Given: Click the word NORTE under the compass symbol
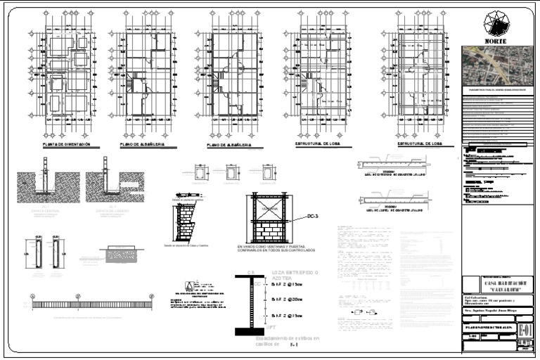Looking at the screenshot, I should tap(499, 41).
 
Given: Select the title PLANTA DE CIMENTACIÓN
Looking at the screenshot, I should tap(66, 144).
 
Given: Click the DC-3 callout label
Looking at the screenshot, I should tap(312, 217).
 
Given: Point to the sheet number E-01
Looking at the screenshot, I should tap(525, 330).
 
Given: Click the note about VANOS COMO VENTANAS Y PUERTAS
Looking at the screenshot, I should tap(276, 248).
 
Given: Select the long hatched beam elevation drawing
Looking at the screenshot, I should tap(91, 304).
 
